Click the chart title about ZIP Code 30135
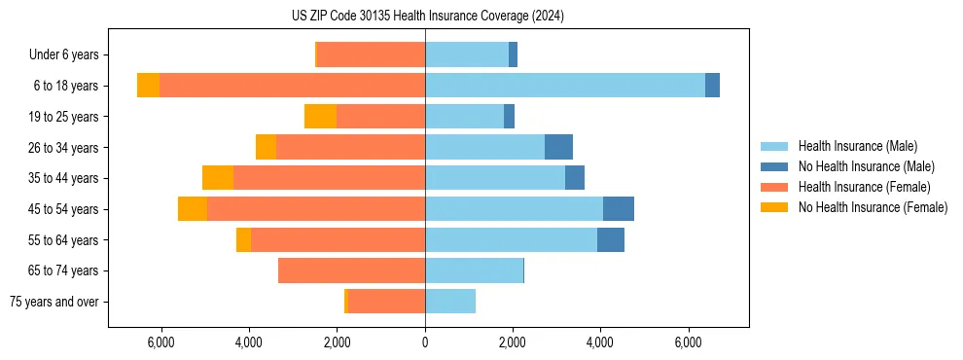coord(427,17)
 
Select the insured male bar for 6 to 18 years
coord(565,86)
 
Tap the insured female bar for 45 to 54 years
coord(316,209)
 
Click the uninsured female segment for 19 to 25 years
coord(320,117)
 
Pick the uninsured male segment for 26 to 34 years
coord(558,148)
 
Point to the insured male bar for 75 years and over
coord(450,302)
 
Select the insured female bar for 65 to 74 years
coord(351,270)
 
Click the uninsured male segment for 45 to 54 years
coord(619,209)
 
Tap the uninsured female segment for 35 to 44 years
coord(218,178)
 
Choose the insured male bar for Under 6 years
coord(467,55)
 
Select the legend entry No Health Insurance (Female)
coord(873,207)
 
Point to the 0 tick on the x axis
coord(425,342)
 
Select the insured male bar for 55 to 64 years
coord(511,240)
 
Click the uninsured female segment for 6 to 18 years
coord(148,86)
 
